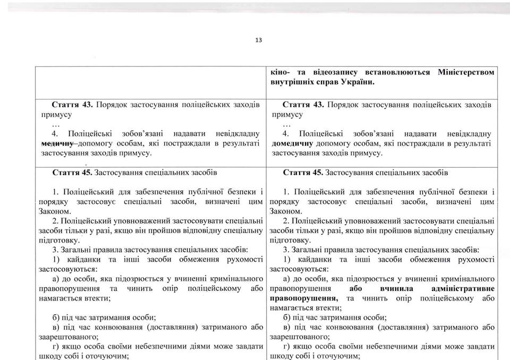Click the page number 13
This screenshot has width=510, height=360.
tap(258, 40)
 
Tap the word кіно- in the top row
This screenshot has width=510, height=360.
tap(280, 72)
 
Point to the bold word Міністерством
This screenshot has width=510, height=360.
tap(467, 72)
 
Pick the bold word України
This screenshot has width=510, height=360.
tap(357, 82)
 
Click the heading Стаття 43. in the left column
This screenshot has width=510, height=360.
tap(74, 104)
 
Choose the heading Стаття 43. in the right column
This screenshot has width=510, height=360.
tap(304, 104)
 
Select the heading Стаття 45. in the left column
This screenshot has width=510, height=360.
tap(74, 173)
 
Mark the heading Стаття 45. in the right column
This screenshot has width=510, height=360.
tap(304, 173)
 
